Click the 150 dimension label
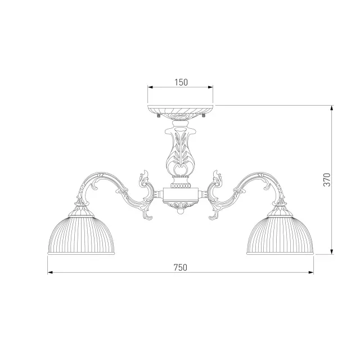tap(181, 82)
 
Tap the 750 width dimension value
tap(181, 268)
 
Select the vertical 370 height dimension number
tap(327, 180)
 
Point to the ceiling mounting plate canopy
tap(181, 112)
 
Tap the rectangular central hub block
tap(181, 195)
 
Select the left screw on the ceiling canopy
tap(158, 115)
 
